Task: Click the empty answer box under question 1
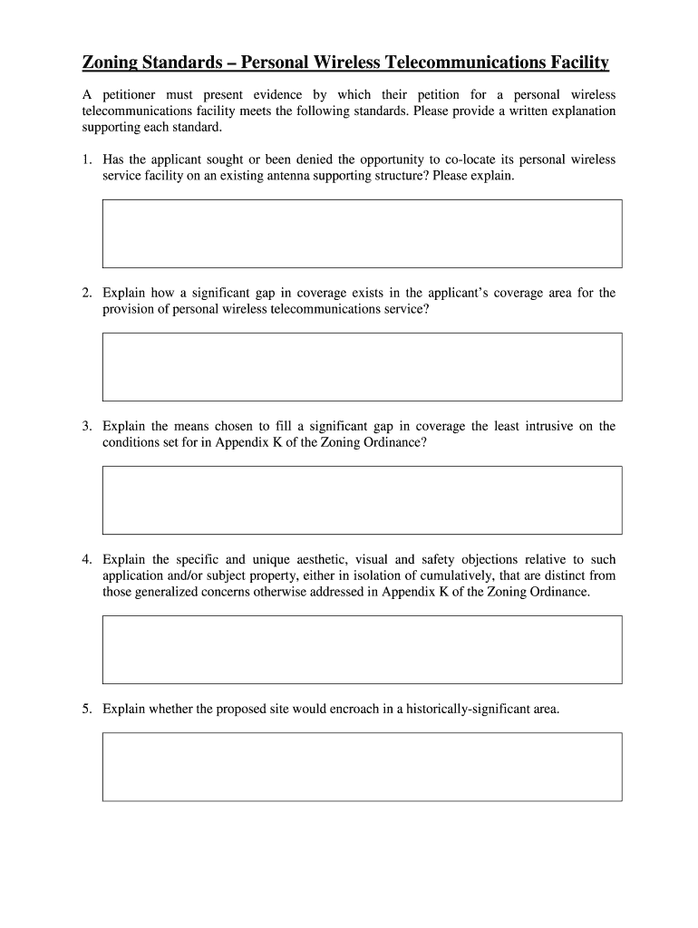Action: point(362,234)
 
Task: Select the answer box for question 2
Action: point(362,367)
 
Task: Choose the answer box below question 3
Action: point(362,500)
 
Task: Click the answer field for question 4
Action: point(362,650)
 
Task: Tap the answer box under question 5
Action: point(362,767)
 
